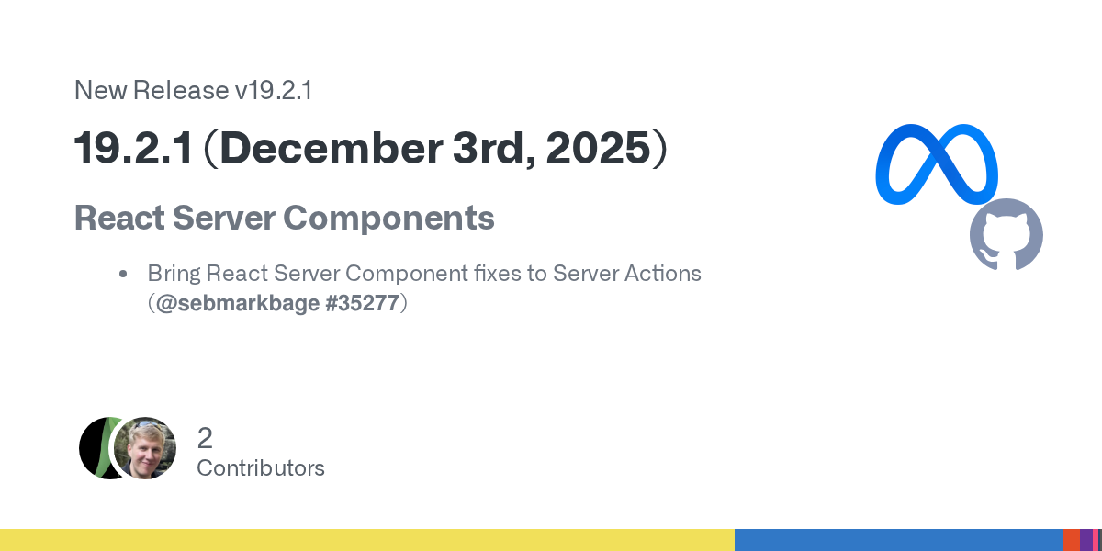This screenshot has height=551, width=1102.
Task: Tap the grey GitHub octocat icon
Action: tap(1006, 234)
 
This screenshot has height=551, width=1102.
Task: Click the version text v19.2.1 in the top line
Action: tap(273, 91)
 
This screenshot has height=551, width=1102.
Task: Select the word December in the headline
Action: tap(332, 148)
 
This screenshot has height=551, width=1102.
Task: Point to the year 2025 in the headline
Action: tap(598, 148)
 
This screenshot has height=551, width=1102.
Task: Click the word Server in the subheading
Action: tap(224, 218)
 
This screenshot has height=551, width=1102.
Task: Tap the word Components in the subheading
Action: tap(388, 219)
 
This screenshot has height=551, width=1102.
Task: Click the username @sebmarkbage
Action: tap(238, 303)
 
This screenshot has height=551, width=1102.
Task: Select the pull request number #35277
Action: tap(362, 303)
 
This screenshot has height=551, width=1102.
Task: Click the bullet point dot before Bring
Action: tap(123, 274)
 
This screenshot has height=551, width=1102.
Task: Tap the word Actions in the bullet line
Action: tap(662, 274)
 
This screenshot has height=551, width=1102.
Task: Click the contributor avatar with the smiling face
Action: tap(145, 448)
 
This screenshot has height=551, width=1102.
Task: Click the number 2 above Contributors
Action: tap(205, 438)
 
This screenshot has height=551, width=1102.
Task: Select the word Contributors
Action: tap(261, 468)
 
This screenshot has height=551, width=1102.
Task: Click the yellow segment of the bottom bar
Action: tap(367, 540)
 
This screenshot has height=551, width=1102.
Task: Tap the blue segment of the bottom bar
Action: tap(899, 540)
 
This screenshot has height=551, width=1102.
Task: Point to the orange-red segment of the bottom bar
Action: tap(1072, 540)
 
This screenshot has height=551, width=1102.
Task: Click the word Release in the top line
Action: tap(181, 91)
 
